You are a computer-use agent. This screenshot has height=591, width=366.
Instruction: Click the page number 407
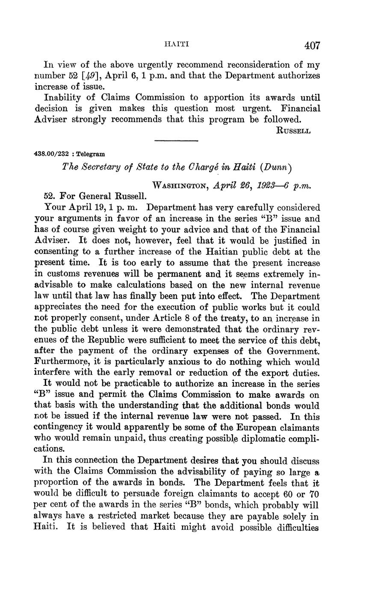(312, 45)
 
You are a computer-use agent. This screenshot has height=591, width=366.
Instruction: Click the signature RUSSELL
(294, 131)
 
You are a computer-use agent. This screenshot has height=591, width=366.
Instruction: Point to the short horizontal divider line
(177, 141)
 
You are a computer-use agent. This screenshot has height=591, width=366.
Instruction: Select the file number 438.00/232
(51, 154)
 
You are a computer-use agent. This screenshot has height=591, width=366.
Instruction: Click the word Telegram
(91, 154)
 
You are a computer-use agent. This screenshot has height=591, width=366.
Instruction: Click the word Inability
(62, 98)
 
